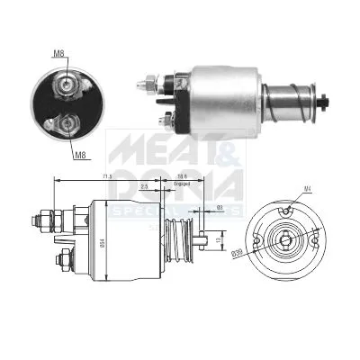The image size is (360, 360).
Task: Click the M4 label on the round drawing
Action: [306, 187]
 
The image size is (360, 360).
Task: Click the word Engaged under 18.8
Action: [182, 185]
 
